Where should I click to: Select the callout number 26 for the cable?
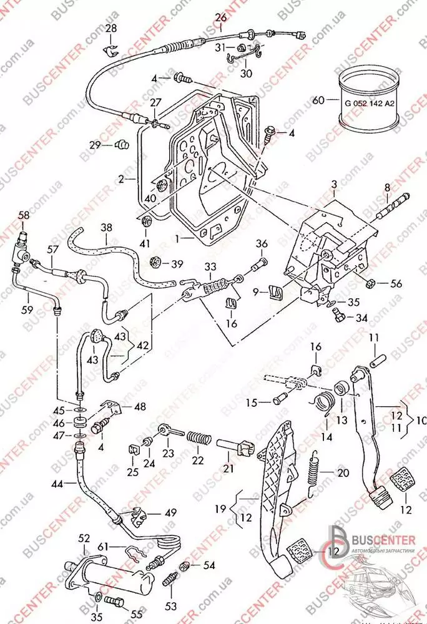pyautogui.click(x=221, y=17)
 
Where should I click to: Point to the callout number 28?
pyautogui.click(x=110, y=28)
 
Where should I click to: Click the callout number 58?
pyautogui.click(x=24, y=215)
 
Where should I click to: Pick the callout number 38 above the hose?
pyautogui.click(x=107, y=228)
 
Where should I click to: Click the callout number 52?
pyautogui.click(x=84, y=537)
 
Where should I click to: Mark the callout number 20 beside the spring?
pyautogui.click(x=343, y=472)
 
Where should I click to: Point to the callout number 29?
pyautogui.click(x=94, y=145)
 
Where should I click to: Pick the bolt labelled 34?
pyautogui.click(x=340, y=317)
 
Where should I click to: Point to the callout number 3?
pyautogui.click(x=334, y=185)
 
